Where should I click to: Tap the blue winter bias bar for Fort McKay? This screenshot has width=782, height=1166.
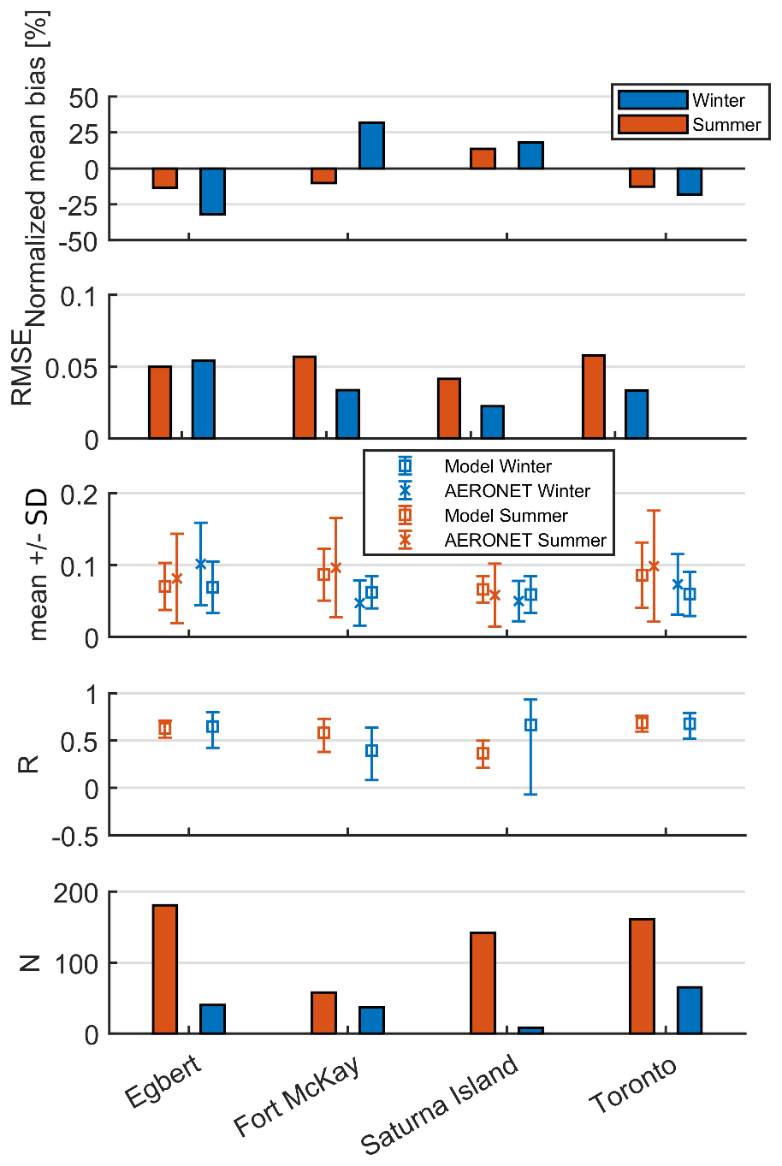tap(371, 145)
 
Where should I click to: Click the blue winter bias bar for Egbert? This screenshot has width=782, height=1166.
tap(212, 192)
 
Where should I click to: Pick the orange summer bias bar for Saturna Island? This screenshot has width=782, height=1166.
tap(483, 158)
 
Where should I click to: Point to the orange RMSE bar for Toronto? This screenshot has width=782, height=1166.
tap(594, 397)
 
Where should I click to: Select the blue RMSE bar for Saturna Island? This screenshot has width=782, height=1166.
tap(492, 422)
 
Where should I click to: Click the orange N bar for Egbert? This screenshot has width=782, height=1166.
tap(165, 969)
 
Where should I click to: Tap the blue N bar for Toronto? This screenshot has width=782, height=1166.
tap(690, 1010)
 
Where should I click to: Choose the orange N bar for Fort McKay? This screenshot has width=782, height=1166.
tap(323, 1013)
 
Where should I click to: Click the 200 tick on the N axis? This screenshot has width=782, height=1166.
tap(75, 893)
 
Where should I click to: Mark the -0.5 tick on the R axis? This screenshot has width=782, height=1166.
tap(75, 837)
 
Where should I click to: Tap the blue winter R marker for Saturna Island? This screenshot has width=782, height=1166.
tap(530, 725)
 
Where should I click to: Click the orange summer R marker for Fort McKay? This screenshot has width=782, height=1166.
tap(323, 733)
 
